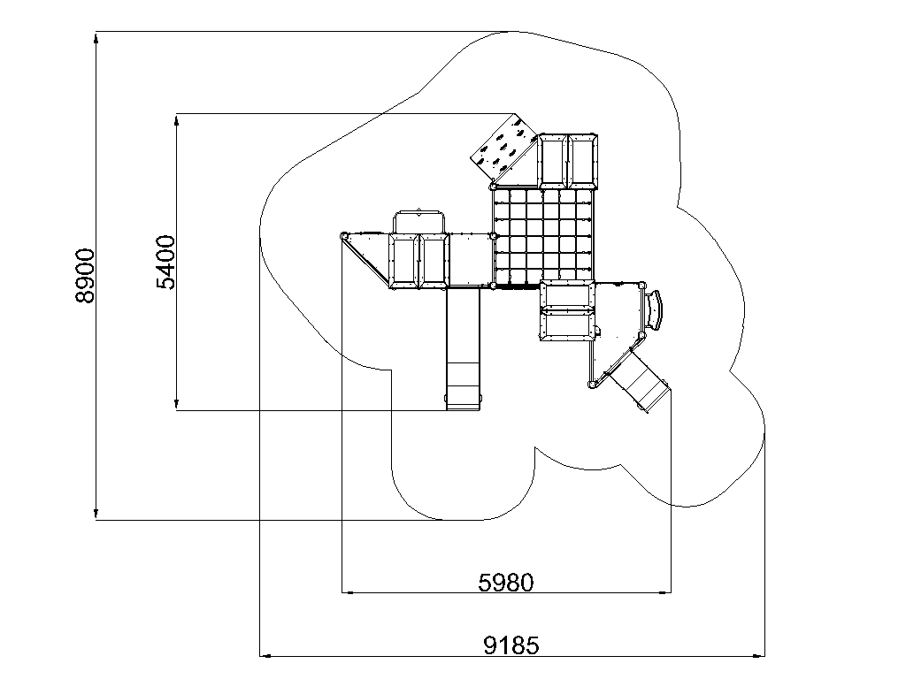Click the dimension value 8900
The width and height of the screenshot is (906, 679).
tap(85, 276)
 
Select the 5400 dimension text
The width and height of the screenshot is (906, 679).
tap(165, 262)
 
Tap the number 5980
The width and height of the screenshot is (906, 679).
tap(506, 583)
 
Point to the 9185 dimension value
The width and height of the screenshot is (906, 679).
tap(511, 645)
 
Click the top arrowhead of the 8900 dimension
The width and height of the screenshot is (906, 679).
tap(96, 37)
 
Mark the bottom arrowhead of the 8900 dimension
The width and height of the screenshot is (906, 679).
tap(96, 515)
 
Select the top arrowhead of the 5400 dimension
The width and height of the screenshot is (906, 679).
tap(177, 119)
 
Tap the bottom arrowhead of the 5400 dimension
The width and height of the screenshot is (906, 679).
tap(177, 405)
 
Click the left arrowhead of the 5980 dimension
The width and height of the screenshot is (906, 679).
tap(347, 592)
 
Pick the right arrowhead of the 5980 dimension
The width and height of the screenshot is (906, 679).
tap(665, 592)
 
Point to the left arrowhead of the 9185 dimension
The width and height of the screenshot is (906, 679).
tap(265, 655)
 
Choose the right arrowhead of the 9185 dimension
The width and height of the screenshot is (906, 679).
tap(759, 655)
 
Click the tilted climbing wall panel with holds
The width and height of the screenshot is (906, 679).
tap(503, 149)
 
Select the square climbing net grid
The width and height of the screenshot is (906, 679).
tap(543, 237)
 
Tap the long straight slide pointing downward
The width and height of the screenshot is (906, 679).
tap(464, 348)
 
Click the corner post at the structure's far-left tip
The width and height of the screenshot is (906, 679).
tap(344, 235)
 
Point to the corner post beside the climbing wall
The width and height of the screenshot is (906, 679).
tap(493, 187)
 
